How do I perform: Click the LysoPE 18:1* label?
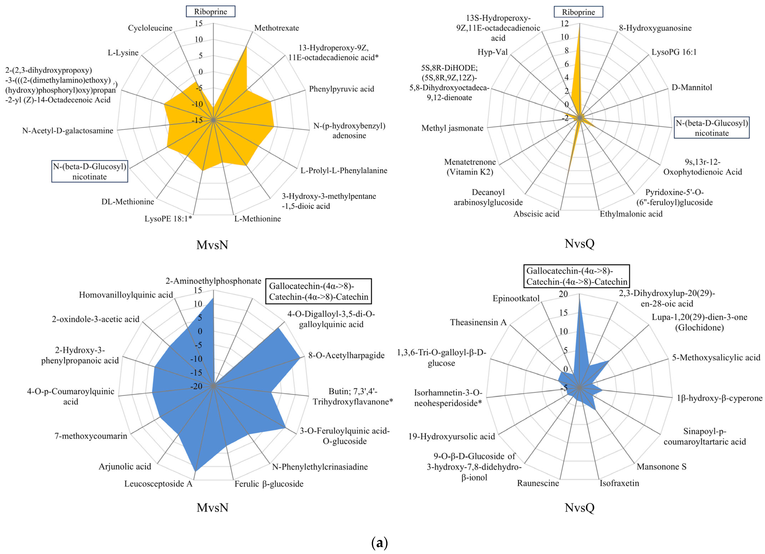[x=168, y=219]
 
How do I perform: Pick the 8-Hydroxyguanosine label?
[x=655, y=28]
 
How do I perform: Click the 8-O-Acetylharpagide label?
[x=346, y=355]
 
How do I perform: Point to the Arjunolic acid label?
[x=125, y=467]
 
